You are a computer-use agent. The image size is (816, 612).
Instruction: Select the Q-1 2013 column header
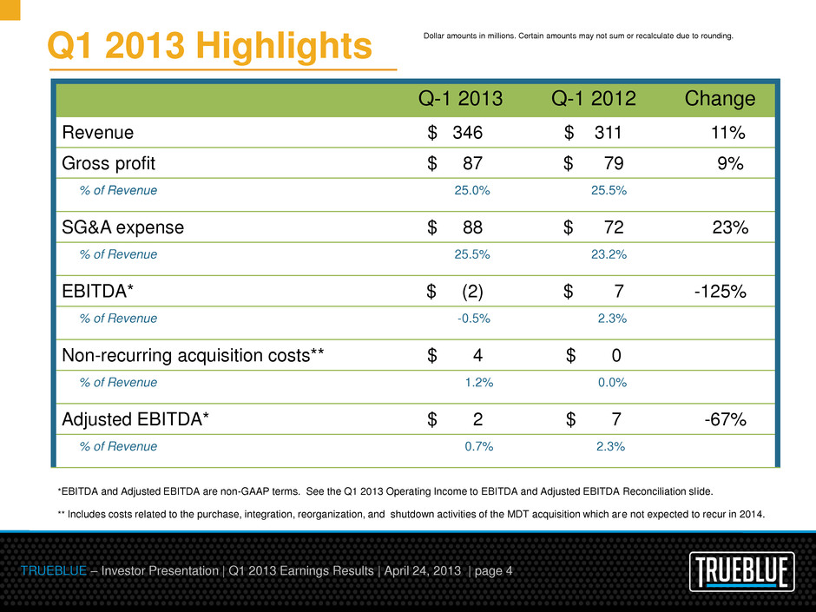[x=460, y=99]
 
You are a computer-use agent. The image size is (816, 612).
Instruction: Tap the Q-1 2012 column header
[x=594, y=99]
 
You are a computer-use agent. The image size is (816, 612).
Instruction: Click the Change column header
[x=720, y=99]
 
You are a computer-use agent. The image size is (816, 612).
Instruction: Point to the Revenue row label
[x=98, y=133]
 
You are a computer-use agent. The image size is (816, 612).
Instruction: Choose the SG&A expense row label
[x=123, y=227]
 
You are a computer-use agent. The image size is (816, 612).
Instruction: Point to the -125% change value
[x=720, y=292]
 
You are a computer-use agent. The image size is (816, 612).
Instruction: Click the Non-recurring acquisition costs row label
[x=194, y=355]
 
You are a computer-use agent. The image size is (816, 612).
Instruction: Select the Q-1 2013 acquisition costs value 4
[x=477, y=355]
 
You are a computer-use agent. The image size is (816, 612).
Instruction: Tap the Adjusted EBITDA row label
[x=135, y=419]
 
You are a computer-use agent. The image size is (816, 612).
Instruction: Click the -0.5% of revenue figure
[x=474, y=319]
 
